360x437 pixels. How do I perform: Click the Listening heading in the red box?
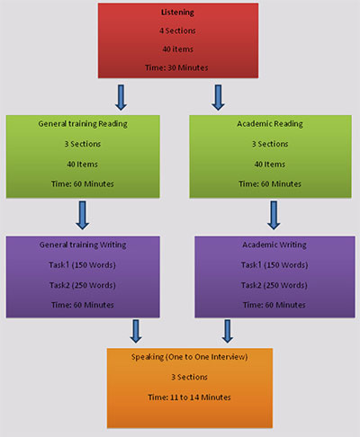pyautogui.click(x=177, y=13)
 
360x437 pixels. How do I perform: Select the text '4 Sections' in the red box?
pyautogui.click(x=177, y=31)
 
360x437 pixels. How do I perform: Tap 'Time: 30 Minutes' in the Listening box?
pyautogui.click(x=176, y=67)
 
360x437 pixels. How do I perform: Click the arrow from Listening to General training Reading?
pyautogui.click(x=121, y=98)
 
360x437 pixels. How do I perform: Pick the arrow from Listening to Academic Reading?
pyautogui.click(x=218, y=98)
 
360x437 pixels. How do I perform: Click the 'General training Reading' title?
pyautogui.click(x=83, y=124)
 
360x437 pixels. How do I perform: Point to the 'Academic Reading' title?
pyautogui.click(x=270, y=124)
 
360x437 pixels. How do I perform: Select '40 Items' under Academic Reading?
pyautogui.click(x=270, y=165)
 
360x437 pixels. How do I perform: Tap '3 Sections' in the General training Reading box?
pyautogui.click(x=83, y=144)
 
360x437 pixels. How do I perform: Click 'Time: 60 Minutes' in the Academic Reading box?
pyautogui.click(x=270, y=184)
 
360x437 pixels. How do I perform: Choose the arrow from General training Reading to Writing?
pyautogui.click(x=83, y=216)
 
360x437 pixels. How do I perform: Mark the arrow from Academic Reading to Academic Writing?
pyautogui.click(x=274, y=216)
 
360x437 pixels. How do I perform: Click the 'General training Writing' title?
pyautogui.click(x=83, y=245)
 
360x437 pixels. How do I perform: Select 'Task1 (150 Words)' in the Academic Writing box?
pyautogui.click(x=274, y=265)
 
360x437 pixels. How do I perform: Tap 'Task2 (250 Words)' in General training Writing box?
pyautogui.click(x=83, y=285)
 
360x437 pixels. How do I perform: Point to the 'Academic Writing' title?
pyautogui.click(x=274, y=245)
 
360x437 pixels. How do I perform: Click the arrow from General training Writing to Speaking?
pyautogui.click(x=136, y=332)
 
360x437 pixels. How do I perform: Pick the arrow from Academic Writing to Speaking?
pyautogui.click(x=228, y=332)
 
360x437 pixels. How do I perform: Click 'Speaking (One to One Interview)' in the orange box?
pyautogui.click(x=189, y=357)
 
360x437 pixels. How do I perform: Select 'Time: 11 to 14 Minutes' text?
pyautogui.click(x=189, y=397)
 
